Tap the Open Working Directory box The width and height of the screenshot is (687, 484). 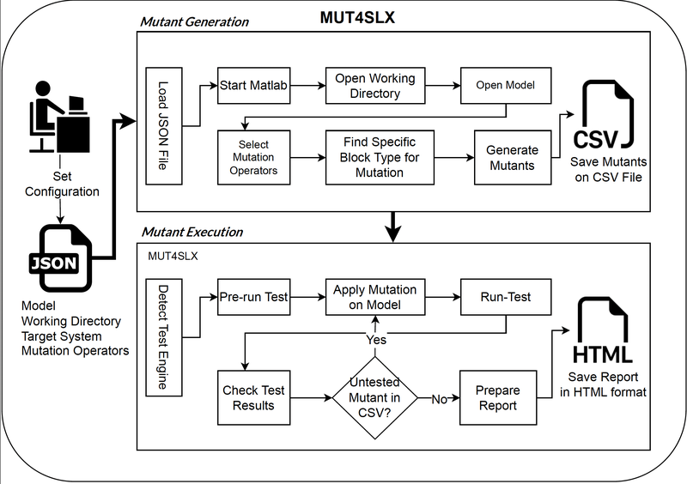[374, 86]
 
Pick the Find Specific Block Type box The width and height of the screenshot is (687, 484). [374, 157]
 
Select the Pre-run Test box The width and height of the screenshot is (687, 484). [252, 297]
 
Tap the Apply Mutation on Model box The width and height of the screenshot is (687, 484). [374, 297]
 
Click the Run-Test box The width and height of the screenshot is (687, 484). [506, 297]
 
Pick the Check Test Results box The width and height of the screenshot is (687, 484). [253, 397]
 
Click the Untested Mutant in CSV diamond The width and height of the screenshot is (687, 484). [374, 397]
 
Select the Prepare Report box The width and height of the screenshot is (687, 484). [497, 397]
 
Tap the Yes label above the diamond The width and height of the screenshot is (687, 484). [375, 339]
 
